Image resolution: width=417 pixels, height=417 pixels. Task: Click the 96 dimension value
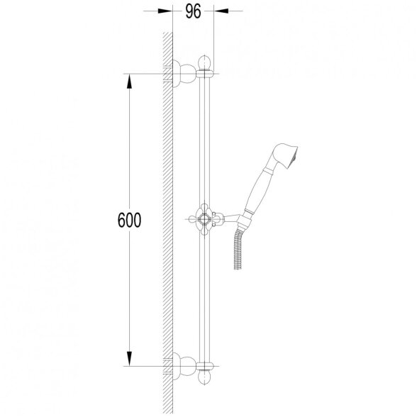pyautogui.click(x=193, y=12)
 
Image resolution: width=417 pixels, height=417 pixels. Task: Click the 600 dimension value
pyautogui.click(x=129, y=220)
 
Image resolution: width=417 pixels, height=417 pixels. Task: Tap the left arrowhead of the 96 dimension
pyautogui.click(x=165, y=11)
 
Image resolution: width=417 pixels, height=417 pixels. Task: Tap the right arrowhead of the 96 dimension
pyautogui.click(x=221, y=11)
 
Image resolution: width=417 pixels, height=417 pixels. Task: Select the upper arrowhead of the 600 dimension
pyautogui.click(x=129, y=81)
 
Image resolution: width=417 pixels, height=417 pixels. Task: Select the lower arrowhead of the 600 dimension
pyautogui.click(x=129, y=359)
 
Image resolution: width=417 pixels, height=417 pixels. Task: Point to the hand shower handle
pyautogui.click(x=258, y=189)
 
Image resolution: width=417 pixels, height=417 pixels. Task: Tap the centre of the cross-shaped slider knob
pyautogui.click(x=204, y=219)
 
